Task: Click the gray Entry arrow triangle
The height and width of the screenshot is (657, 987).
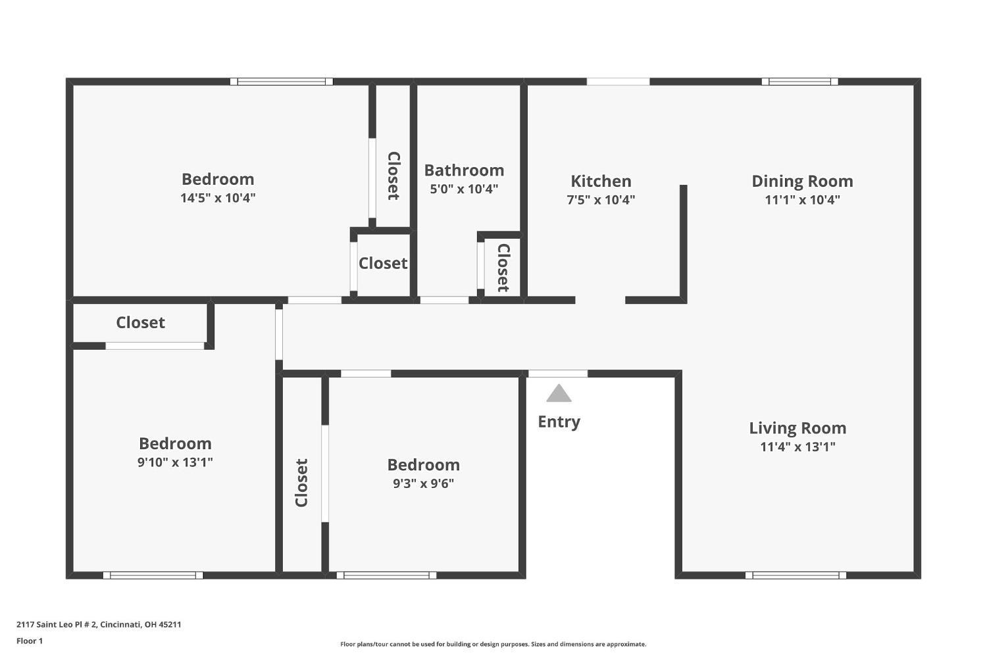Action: pyautogui.click(x=559, y=393)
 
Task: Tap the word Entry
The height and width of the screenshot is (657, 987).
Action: pyautogui.click(x=559, y=422)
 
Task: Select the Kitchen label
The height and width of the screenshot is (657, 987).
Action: pyautogui.click(x=601, y=181)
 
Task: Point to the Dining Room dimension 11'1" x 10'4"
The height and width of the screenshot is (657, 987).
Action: pyautogui.click(x=802, y=200)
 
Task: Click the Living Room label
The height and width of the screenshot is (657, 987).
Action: pyautogui.click(x=797, y=428)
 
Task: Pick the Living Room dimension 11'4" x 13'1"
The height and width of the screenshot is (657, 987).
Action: pyautogui.click(x=797, y=447)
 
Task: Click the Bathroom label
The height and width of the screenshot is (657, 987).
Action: pyautogui.click(x=464, y=170)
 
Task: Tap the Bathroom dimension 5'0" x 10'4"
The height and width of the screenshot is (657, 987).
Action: pyautogui.click(x=464, y=189)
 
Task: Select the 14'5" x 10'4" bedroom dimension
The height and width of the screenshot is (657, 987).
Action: pyautogui.click(x=218, y=198)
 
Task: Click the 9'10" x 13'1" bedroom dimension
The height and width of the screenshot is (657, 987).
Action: pyautogui.click(x=175, y=462)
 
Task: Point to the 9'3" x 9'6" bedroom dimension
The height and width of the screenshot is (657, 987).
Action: pyautogui.click(x=423, y=483)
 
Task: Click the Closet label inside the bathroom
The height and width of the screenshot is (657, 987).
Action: pyautogui.click(x=503, y=268)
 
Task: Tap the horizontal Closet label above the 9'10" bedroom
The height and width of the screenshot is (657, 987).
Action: pyautogui.click(x=141, y=322)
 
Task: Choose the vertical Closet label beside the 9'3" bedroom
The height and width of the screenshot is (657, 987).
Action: pyautogui.click(x=301, y=483)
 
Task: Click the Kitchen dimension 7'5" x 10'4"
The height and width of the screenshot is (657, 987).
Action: pyautogui.click(x=601, y=200)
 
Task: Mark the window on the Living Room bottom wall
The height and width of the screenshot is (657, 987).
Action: pyautogui.click(x=796, y=575)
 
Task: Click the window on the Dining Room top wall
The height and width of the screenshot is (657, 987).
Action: pyautogui.click(x=799, y=82)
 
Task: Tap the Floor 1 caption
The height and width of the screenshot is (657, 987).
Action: pyautogui.click(x=30, y=641)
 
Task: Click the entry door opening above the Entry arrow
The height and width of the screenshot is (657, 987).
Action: pyautogui.click(x=558, y=374)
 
